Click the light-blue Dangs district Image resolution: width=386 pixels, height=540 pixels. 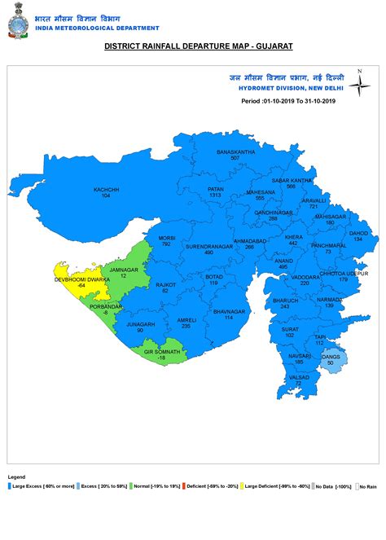coord(331,359)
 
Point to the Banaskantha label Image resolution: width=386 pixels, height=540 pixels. coord(235,151)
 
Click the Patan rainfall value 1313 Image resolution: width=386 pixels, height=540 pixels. coord(215,195)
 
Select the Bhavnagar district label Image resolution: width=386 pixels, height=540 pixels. coord(229,310)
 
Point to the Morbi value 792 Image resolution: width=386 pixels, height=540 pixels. coord(166,244)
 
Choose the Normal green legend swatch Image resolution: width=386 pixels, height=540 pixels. coord(130,486)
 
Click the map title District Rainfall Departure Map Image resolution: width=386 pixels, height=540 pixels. coord(192,47)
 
